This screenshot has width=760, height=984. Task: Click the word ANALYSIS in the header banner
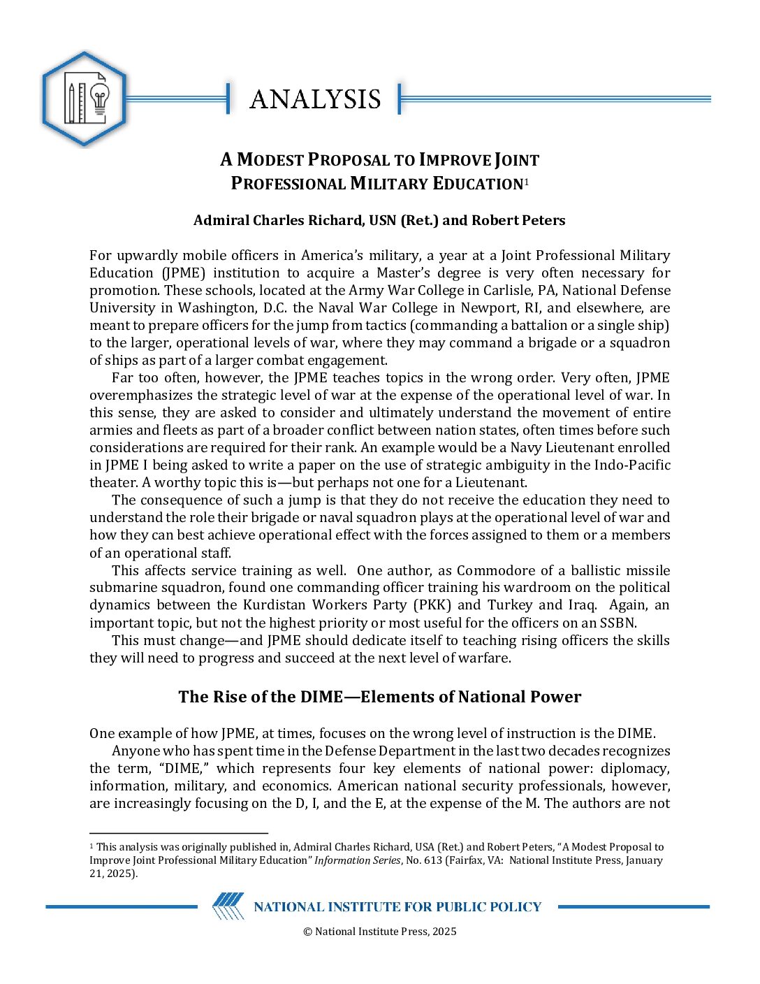point(315,99)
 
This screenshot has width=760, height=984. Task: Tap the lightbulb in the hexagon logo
point(100,101)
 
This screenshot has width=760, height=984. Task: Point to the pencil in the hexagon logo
point(71,103)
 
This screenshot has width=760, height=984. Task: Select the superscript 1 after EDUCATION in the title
point(526,182)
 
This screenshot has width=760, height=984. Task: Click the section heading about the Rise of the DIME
point(379,697)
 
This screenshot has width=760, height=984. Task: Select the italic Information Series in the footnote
point(357,860)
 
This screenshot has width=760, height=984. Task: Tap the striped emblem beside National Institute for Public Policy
point(228,906)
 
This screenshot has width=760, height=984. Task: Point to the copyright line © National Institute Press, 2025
point(379,931)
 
